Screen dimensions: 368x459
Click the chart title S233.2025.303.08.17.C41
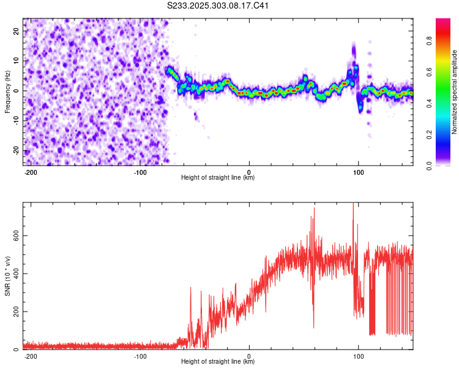(x=218, y=6)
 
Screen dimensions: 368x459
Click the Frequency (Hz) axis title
(x=7, y=91)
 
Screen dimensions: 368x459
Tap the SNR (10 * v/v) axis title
(x=7, y=275)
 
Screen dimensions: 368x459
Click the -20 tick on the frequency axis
(x=16, y=151)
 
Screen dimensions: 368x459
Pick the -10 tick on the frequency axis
(x=16, y=121)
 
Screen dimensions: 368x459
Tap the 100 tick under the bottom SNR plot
(x=359, y=356)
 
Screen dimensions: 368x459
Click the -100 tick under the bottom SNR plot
(x=140, y=356)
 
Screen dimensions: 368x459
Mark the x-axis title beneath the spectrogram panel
(x=218, y=178)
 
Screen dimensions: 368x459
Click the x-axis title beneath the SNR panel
(x=218, y=362)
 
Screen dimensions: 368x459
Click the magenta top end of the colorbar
(x=443, y=21)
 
